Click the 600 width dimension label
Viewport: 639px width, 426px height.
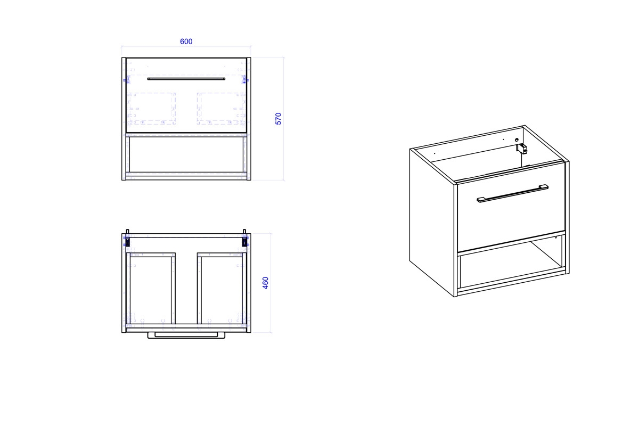[x=186, y=42]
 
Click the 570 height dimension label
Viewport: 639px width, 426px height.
[x=278, y=119]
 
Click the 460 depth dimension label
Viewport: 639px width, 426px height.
[x=265, y=283]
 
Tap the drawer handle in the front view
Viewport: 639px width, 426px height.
[x=186, y=79]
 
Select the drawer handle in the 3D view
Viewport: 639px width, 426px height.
[x=512, y=193]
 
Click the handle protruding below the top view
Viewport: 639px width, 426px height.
[x=186, y=335]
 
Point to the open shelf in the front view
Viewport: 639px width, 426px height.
[x=186, y=154]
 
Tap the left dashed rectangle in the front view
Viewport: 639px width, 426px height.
[x=152, y=109]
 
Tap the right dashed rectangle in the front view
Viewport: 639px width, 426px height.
[x=220, y=109]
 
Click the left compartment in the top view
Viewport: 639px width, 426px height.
[x=151, y=290]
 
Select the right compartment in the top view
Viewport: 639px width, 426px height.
[x=222, y=290]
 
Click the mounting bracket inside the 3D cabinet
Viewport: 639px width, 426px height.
[x=522, y=149]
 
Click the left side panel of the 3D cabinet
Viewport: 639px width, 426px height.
[x=432, y=223]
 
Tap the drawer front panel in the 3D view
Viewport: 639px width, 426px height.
[x=512, y=207]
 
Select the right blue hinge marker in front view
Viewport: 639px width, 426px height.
[x=245, y=80]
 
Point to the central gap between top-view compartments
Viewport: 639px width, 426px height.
[x=186, y=288]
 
